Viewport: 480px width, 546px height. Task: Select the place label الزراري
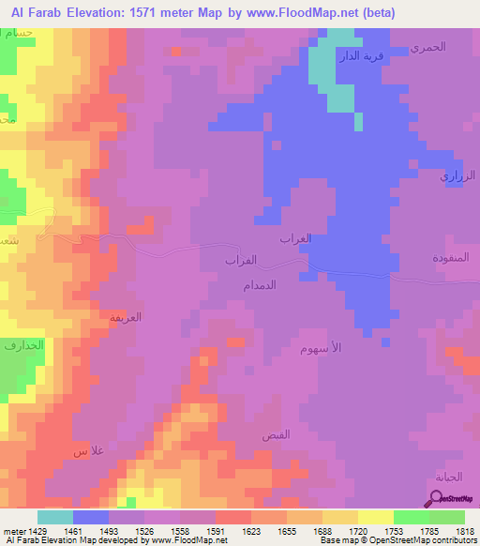pos(458,175)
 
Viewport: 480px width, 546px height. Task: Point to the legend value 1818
pos(463,530)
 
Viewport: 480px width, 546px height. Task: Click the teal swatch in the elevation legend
pos(55,517)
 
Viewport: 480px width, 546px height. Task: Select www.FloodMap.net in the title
pos(292,13)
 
